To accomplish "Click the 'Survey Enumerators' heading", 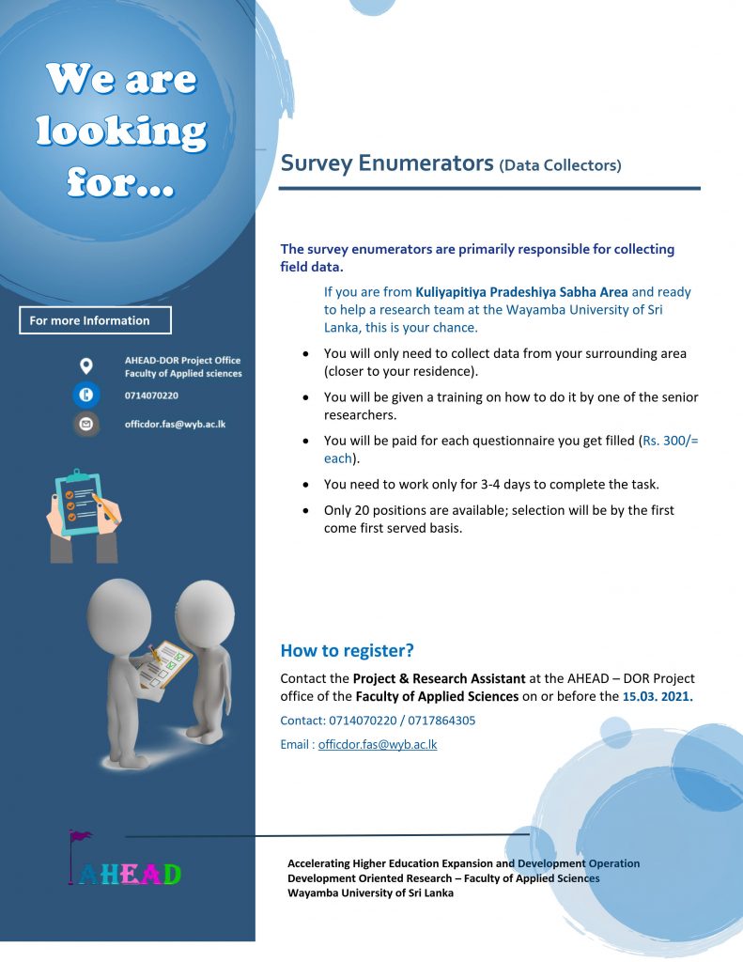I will [x=387, y=163].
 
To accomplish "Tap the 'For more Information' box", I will [x=95, y=320].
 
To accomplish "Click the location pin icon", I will [x=86, y=365].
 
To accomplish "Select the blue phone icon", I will [x=86, y=396].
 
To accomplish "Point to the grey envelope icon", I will [x=86, y=424].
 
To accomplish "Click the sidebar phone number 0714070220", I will [x=151, y=396].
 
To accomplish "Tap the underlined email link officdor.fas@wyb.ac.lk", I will [x=378, y=744].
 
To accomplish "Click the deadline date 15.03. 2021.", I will [x=658, y=696].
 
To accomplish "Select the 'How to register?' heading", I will [x=347, y=650].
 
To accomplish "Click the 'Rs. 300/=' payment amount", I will [x=668, y=440].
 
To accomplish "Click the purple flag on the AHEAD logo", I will [x=80, y=835].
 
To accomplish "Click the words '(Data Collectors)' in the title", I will [x=560, y=166].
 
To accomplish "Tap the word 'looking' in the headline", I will [x=121, y=132].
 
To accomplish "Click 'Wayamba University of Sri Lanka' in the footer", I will [x=370, y=892].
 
